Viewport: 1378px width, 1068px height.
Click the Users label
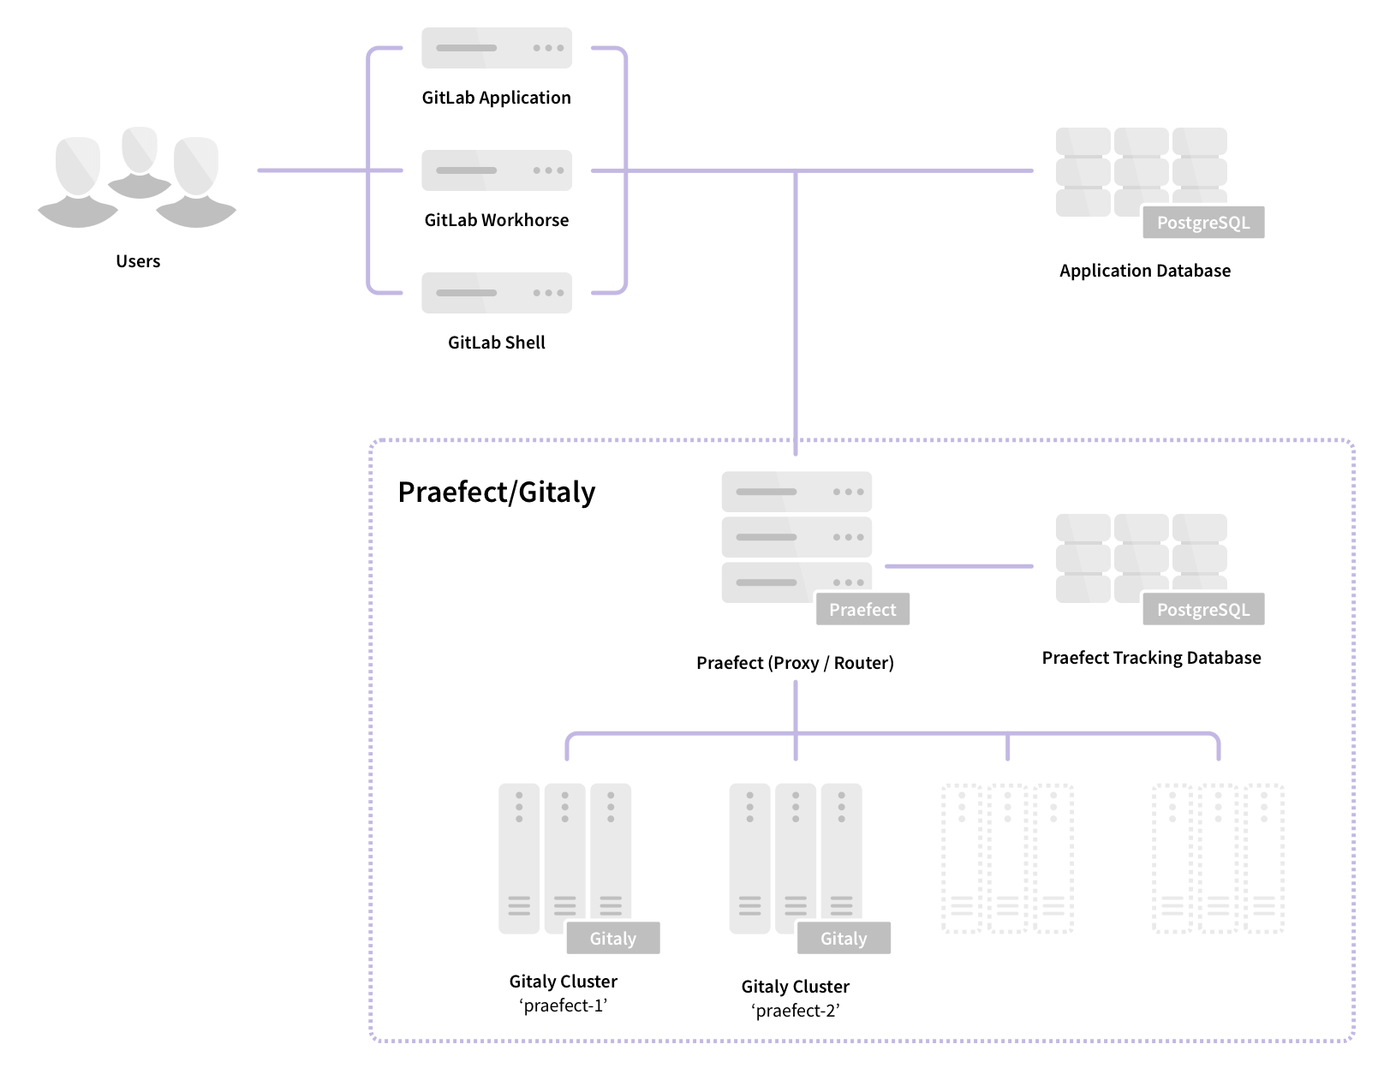pos(138,261)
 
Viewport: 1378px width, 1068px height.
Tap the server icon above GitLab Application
pos(497,48)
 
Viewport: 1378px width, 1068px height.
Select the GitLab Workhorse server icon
pos(497,170)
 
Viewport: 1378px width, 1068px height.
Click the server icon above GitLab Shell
pos(497,293)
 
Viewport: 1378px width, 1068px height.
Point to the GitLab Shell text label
pos(497,343)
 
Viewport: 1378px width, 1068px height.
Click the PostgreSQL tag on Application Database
pos(1203,223)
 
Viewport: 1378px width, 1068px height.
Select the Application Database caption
pos(1145,271)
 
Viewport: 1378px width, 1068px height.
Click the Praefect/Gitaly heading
pos(497,492)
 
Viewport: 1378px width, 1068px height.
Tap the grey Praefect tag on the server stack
pos(862,610)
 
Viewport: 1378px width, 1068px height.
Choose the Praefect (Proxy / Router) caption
pos(795,663)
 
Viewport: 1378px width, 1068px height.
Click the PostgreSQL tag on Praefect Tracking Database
pos(1203,610)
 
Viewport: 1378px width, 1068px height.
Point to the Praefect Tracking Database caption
pos(1151,658)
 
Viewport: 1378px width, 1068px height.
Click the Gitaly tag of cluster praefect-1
pos(613,939)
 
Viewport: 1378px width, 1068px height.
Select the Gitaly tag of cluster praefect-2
pos(844,939)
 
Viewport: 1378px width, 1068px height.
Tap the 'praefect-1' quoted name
pos(564,1005)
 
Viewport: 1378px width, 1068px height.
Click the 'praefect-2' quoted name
pos(796,1011)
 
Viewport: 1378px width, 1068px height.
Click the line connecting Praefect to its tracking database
pos(959,566)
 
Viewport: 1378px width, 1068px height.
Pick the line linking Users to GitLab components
pos(313,170)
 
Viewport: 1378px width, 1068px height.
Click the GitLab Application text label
pos(497,98)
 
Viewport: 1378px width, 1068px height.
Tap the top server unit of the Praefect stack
pos(796,492)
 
